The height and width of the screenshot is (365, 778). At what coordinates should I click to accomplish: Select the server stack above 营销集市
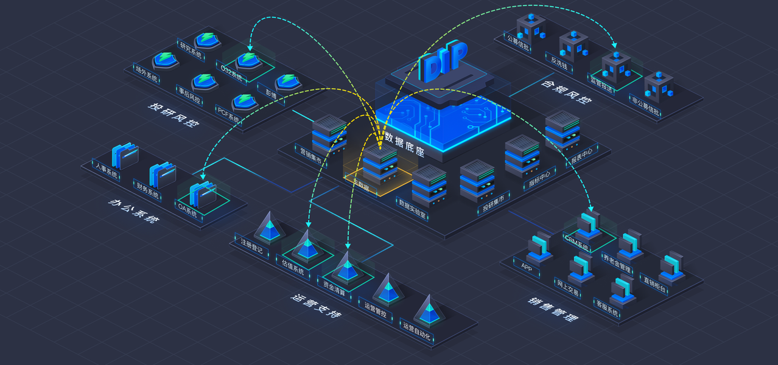329,133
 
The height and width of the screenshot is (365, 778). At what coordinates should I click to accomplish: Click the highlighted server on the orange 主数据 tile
380,162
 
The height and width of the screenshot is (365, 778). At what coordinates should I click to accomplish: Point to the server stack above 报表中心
562,130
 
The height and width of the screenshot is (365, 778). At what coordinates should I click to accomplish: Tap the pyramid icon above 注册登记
267,226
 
